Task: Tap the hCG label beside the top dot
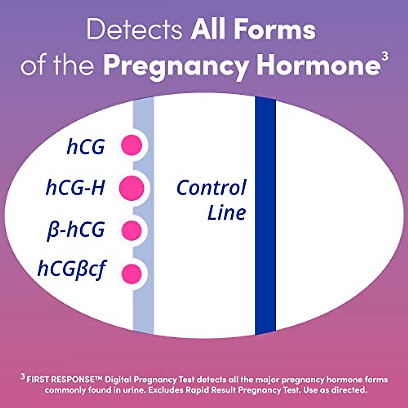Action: click(x=86, y=146)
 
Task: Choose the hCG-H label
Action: click(x=75, y=188)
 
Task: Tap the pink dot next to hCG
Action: click(x=132, y=145)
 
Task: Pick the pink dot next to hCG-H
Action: click(x=132, y=188)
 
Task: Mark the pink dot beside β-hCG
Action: click(x=132, y=230)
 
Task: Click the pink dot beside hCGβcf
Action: click(x=132, y=273)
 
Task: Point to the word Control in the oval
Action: click(x=211, y=188)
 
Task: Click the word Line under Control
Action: click(x=226, y=213)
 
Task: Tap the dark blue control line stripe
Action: click(x=265, y=255)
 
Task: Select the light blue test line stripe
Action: click(x=143, y=306)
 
